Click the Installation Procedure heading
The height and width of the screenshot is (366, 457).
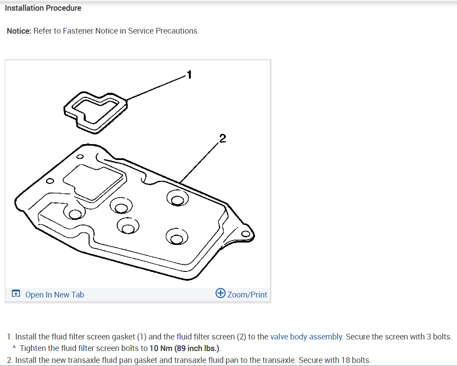[43, 8]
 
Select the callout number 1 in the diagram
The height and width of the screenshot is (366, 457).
[189, 74]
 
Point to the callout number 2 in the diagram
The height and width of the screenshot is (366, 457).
[222, 138]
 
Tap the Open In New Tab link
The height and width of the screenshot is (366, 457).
[54, 295]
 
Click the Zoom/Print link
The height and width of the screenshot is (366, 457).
[247, 295]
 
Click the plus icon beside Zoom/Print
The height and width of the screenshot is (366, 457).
[221, 294]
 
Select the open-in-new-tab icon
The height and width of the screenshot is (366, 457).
[16, 294]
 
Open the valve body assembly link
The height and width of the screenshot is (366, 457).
[306, 337]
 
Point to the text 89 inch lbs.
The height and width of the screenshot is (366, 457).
[197, 348]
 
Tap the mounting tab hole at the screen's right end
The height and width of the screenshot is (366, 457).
[246, 233]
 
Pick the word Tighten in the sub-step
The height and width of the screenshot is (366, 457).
[34, 348]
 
